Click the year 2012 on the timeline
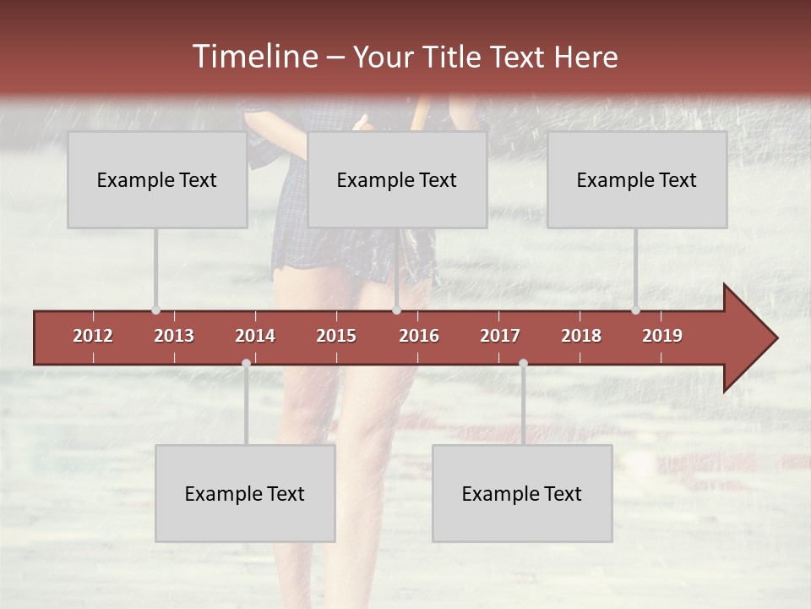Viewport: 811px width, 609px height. (x=93, y=336)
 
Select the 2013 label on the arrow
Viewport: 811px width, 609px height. (x=174, y=336)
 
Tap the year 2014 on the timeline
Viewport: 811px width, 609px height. (x=255, y=336)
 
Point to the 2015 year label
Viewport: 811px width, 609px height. (x=336, y=336)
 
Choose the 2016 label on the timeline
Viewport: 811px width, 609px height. (x=419, y=336)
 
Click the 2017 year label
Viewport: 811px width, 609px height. (x=500, y=336)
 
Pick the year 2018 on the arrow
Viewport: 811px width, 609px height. (x=581, y=336)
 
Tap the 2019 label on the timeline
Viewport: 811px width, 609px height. (x=662, y=336)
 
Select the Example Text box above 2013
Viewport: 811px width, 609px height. (x=157, y=179)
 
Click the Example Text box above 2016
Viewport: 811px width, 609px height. (x=397, y=179)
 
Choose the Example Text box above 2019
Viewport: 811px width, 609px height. (x=637, y=179)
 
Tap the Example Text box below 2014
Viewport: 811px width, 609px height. (x=245, y=493)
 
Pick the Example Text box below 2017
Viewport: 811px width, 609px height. (x=522, y=493)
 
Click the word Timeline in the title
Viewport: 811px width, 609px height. (x=253, y=57)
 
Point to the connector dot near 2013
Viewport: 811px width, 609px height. (x=155, y=310)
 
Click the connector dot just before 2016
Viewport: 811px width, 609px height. (x=396, y=310)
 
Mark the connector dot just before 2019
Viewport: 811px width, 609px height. (x=635, y=310)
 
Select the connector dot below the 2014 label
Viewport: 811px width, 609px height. (x=246, y=364)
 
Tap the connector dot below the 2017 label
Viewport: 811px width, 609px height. (x=523, y=364)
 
